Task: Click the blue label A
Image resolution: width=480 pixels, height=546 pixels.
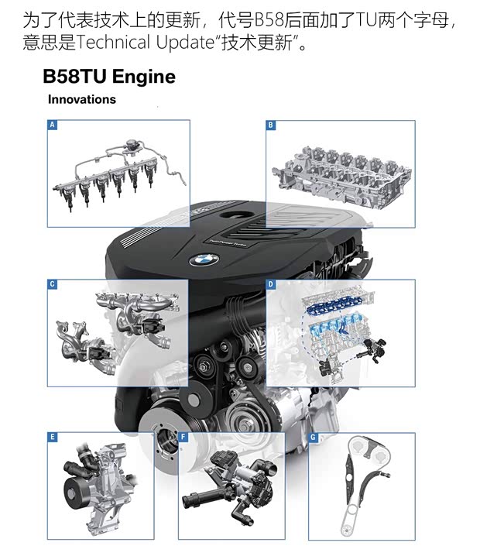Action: pyautogui.click(x=52, y=125)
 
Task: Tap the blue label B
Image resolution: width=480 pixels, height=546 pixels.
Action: pyautogui.click(x=271, y=125)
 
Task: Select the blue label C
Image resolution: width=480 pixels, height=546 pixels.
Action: pyautogui.click(x=52, y=284)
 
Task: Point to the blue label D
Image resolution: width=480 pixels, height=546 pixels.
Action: pyautogui.click(x=271, y=284)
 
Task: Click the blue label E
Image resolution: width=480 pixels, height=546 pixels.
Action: pyautogui.click(x=52, y=437)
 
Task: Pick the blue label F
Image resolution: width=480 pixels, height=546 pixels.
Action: pyautogui.click(x=183, y=437)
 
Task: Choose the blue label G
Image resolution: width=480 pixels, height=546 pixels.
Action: pyautogui.click(x=314, y=437)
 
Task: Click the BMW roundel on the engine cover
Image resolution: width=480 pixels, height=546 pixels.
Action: pyautogui.click(x=204, y=259)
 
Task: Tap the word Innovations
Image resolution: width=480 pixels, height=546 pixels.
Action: pyautogui.click(x=82, y=99)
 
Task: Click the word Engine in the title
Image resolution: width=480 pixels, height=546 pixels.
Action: pyautogui.click(x=144, y=77)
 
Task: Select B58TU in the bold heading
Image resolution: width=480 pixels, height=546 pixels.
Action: pyautogui.click(x=74, y=76)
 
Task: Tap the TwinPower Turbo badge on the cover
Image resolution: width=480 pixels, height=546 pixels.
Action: pyautogui.click(x=228, y=243)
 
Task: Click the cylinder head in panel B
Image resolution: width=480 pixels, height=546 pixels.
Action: pyautogui.click(x=342, y=177)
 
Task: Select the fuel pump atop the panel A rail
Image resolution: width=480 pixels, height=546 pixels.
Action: pyautogui.click(x=132, y=146)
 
